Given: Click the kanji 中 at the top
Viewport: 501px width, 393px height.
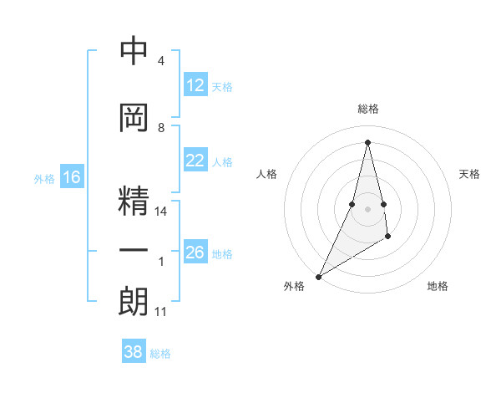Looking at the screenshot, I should click(x=134, y=52).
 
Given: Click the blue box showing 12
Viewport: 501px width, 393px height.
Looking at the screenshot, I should click(x=195, y=85).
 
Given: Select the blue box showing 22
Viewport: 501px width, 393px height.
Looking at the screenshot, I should click(x=195, y=161).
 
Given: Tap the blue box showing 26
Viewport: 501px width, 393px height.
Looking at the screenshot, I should click(x=195, y=253).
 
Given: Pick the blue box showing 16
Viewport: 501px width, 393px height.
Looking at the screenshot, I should click(x=72, y=177).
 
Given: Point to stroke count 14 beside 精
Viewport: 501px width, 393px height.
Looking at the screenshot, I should click(x=162, y=212).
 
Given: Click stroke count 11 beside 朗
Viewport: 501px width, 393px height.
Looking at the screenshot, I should click(x=161, y=312).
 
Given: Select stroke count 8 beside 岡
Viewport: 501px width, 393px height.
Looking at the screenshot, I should click(x=161, y=128).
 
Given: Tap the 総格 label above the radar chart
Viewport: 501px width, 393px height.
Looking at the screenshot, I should click(x=367, y=109).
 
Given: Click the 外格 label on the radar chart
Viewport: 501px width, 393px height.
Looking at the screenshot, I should click(x=293, y=286).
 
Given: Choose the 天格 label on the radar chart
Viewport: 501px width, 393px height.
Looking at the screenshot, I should click(x=470, y=174).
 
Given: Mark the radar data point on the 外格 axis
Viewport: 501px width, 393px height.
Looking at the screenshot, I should click(x=318, y=276).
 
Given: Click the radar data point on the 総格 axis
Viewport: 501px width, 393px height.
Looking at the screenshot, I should click(x=367, y=142).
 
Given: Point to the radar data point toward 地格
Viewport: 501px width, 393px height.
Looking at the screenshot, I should click(x=388, y=238).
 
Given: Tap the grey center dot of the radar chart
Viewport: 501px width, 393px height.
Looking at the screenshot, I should click(x=367, y=209).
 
